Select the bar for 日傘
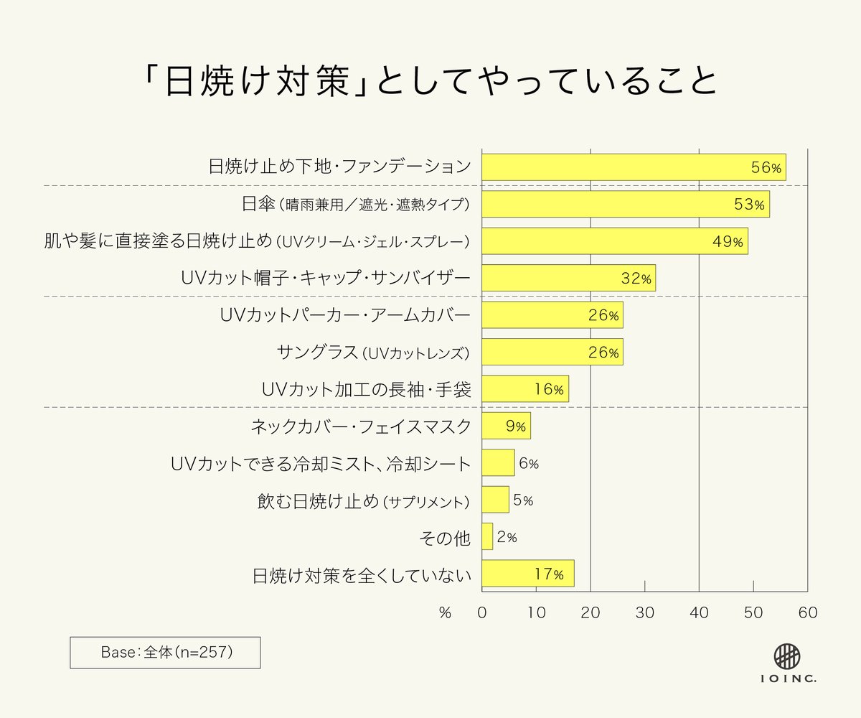coord(625,204)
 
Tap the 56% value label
coord(766,167)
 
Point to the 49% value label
coord(728,241)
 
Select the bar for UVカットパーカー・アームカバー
coord(552,315)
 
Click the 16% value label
coord(549,389)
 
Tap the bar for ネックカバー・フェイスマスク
coord(506,426)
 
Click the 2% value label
coord(507,537)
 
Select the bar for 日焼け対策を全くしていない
coord(527,574)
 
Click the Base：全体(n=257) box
coord(165,653)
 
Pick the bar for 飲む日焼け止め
coord(495,500)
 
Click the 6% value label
coord(528,463)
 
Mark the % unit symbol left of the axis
coord(445,613)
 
